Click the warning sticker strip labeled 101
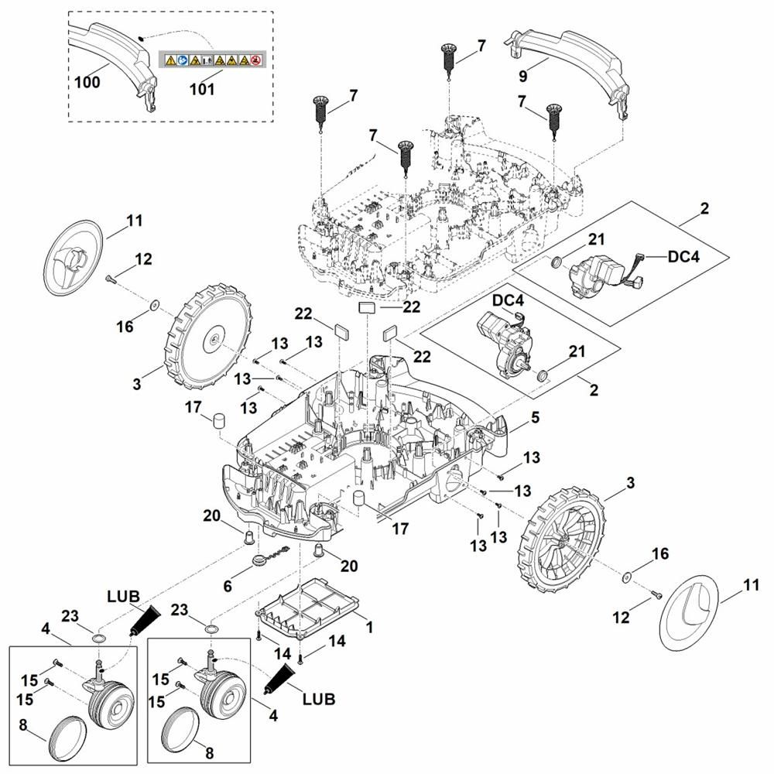tap(212, 59)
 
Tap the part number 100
tap(88, 82)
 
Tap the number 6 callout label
tap(228, 587)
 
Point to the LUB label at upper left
tap(123, 597)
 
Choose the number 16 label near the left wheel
tap(125, 327)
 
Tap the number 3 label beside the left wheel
tap(137, 384)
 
